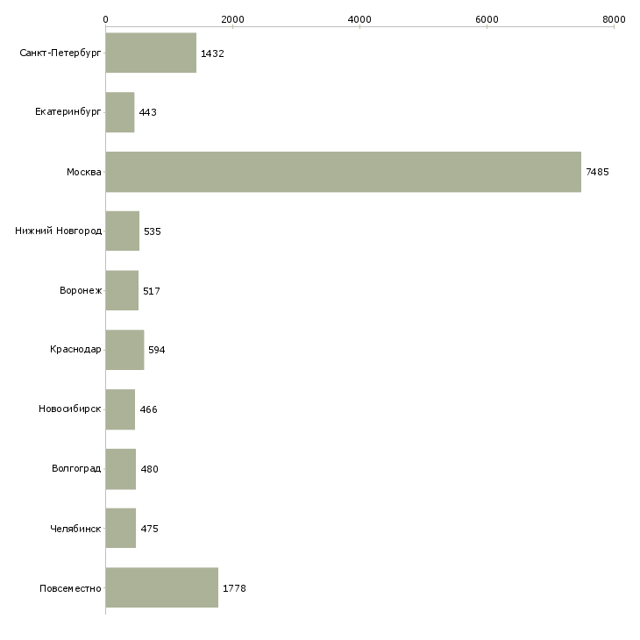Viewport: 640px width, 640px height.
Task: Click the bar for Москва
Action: (344, 172)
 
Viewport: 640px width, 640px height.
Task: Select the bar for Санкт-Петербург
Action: (151, 53)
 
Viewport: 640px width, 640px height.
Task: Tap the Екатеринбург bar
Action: (120, 112)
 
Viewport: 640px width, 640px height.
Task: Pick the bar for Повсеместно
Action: (162, 587)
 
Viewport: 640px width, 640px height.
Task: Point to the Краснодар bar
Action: (124, 350)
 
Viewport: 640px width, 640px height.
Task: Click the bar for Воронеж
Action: (122, 290)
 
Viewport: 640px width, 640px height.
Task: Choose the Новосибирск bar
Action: (120, 409)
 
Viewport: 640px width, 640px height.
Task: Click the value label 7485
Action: (597, 172)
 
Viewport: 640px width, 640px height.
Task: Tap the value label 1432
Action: (212, 53)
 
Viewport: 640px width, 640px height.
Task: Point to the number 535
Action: (153, 231)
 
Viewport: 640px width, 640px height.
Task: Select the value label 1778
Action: (234, 588)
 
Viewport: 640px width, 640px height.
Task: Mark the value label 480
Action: (149, 469)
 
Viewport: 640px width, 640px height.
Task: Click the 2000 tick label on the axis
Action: (232, 19)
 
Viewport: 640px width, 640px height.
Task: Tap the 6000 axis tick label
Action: (487, 19)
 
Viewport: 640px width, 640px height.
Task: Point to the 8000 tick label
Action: (614, 19)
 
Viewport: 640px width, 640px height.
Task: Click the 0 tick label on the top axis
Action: (106, 19)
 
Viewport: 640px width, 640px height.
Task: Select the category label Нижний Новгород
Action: (59, 231)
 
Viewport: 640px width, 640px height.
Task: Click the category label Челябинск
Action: (75, 529)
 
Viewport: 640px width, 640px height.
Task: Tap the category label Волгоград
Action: (76, 468)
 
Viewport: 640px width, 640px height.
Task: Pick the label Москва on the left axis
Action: (84, 172)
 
